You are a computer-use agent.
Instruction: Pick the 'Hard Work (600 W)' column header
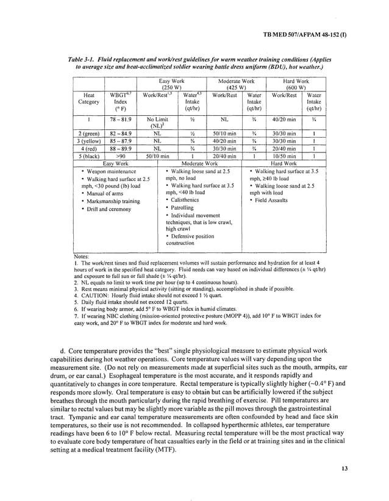coord(296,84)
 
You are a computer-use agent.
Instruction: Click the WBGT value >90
coord(121,155)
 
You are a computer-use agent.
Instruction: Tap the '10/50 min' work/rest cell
coord(284,155)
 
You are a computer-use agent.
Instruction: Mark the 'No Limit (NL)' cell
coord(157,123)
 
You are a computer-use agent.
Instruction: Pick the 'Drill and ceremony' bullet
coord(109,209)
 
